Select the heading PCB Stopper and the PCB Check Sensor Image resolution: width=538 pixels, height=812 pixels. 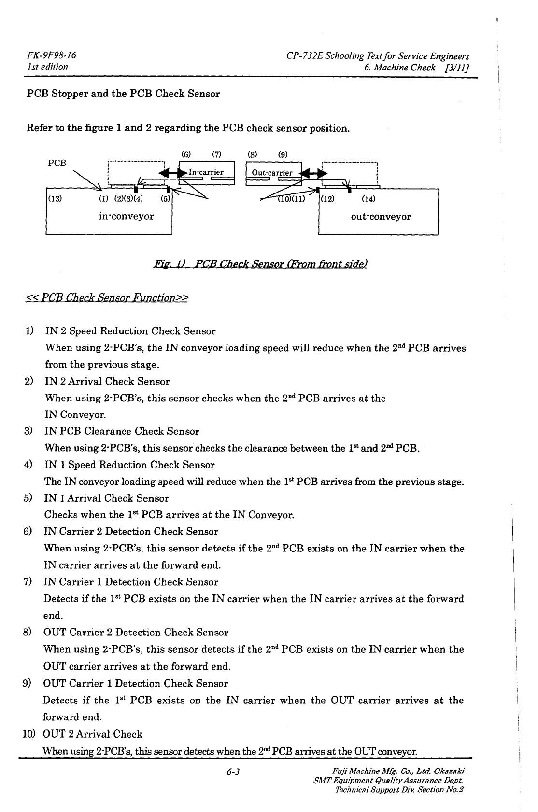point(123,94)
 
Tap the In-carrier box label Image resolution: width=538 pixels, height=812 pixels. point(206,172)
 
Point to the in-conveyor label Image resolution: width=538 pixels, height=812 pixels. point(126,216)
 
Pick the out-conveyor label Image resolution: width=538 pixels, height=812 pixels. point(381,216)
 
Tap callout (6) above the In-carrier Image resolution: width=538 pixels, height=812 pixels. point(185,155)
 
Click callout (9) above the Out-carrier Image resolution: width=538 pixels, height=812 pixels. point(283,155)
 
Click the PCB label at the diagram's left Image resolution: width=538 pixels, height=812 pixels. point(57,163)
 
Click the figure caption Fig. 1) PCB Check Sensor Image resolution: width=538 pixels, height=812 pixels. point(260,264)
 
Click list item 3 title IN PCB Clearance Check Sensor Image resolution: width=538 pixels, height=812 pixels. point(122,431)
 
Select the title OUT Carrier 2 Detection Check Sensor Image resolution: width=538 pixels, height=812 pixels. point(136,633)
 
